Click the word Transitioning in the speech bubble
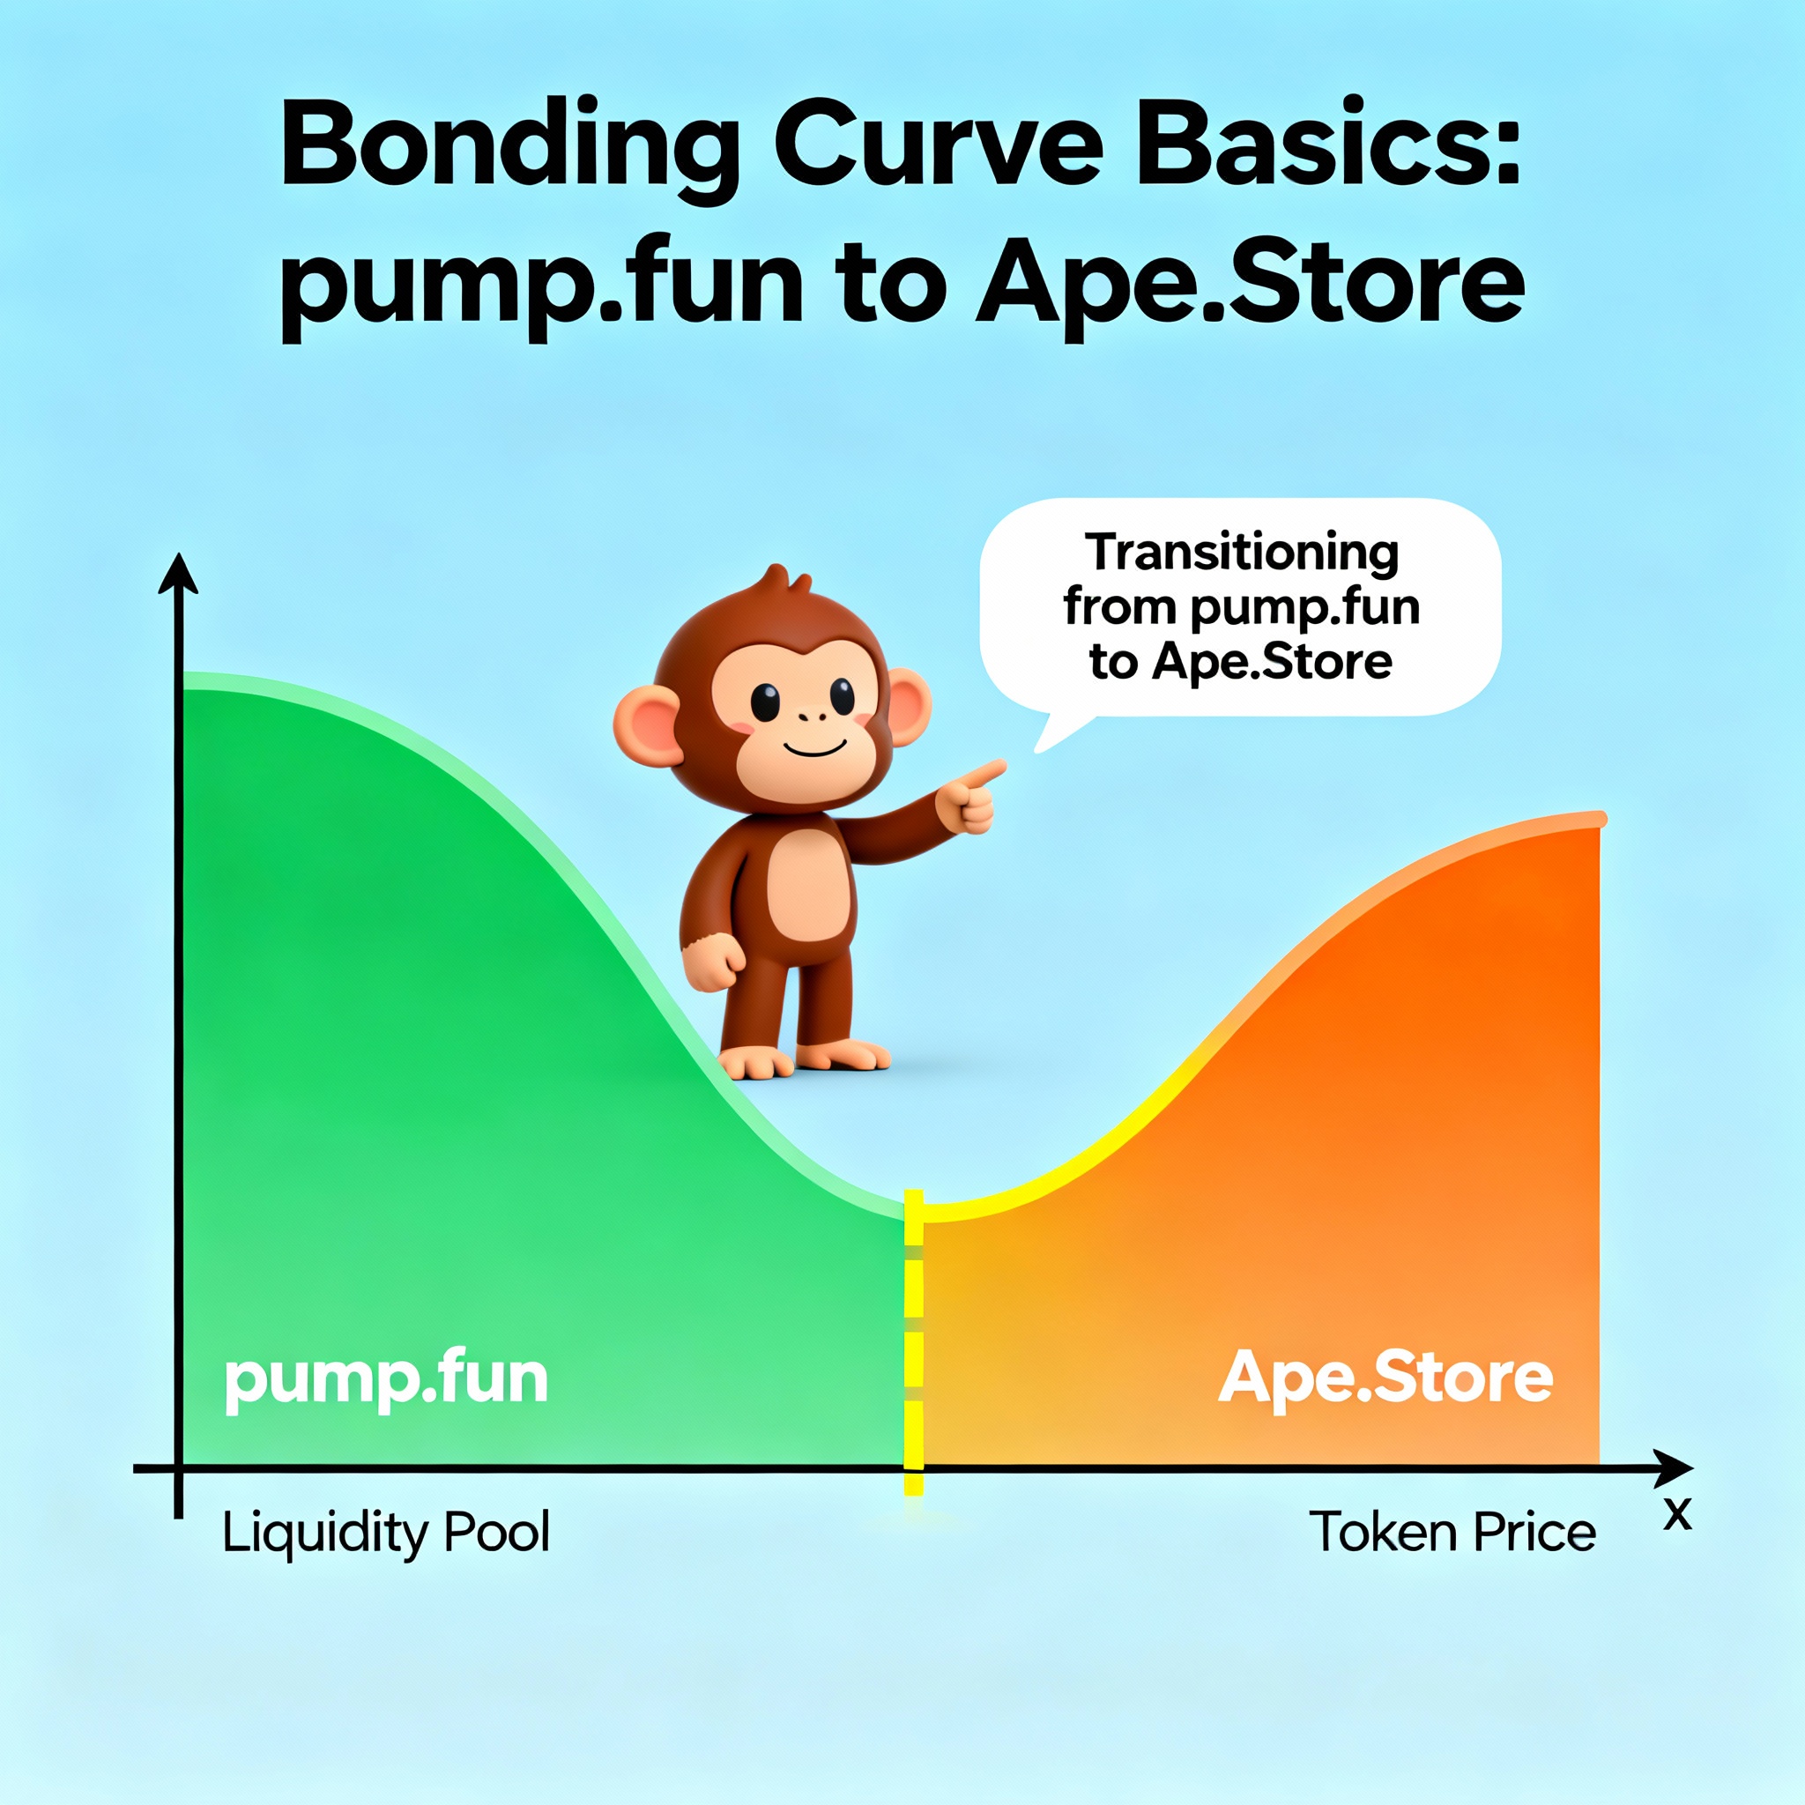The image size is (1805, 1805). coord(1242,553)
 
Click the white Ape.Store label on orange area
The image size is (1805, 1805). coord(1385,1378)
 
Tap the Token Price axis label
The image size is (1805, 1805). coord(1452,1532)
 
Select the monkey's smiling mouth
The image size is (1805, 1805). coord(813,747)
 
